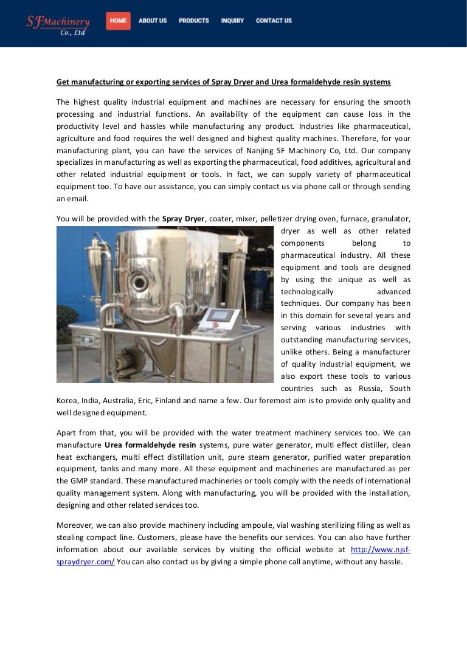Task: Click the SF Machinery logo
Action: (x=58, y=24)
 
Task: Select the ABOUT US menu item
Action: (x=152, y=21)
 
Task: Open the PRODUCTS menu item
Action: (x=193, y=21)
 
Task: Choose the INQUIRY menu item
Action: (x=232, y=21)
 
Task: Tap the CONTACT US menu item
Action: (x=274, y=21)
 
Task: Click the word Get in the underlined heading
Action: (x=63, y=81)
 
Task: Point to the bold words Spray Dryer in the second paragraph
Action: (x=183, y=218)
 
